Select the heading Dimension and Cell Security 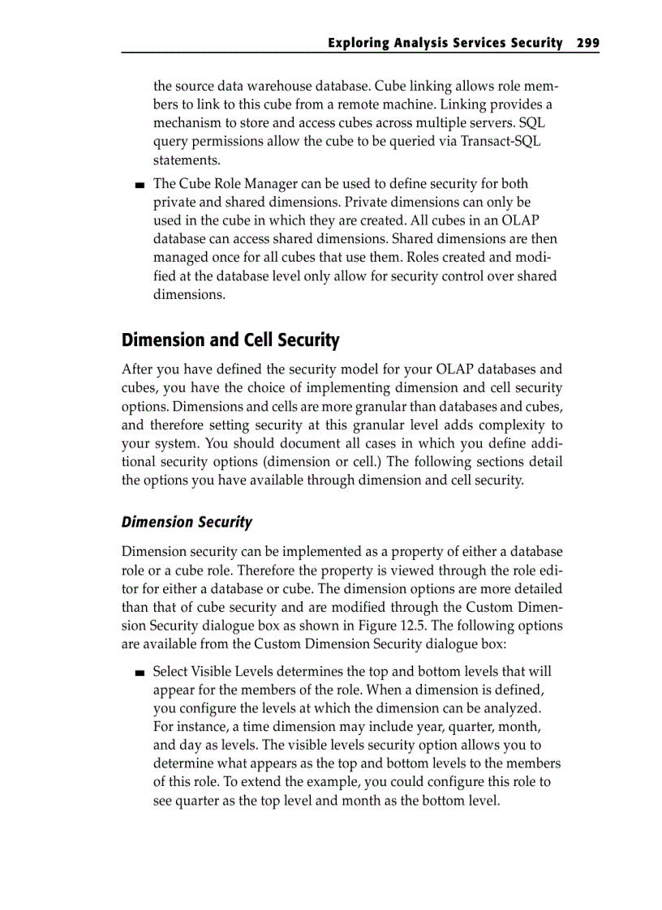230,340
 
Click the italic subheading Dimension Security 187,522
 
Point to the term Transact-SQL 503,141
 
